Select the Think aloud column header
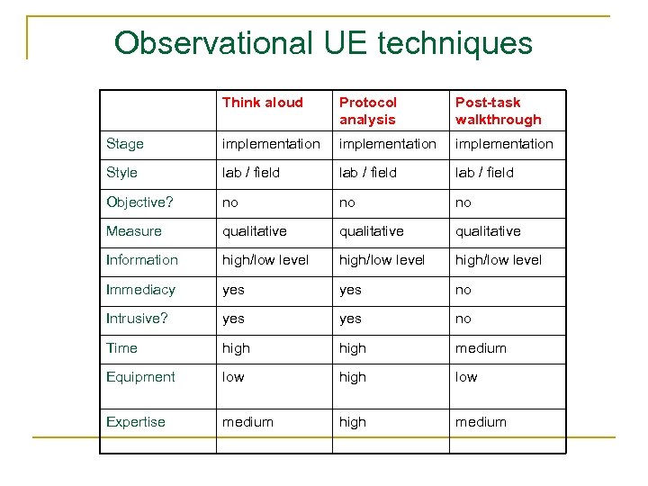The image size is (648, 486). [x=262, y=103]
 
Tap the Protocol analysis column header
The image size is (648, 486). [x=368, y=111]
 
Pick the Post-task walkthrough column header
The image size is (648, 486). [x=499, y=111]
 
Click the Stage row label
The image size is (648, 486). [x=125, y=144]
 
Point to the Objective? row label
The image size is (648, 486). [x=134, y=202]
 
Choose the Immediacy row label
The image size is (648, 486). [x=140, y=290]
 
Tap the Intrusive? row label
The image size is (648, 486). [x=138, y=319]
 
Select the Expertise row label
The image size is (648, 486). [x=136, y=422]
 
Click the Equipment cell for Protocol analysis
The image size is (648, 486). [x=353, y=377]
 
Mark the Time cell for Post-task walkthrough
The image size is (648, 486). [x=481, y=348]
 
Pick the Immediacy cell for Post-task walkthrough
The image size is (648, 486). [x=463, y=290]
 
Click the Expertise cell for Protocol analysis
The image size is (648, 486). [x=353, y=422]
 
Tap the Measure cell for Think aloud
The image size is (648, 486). [x=255, y=231]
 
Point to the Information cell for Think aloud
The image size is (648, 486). [x=265, y=260]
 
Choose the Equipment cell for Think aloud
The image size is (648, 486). [x=233, y=377]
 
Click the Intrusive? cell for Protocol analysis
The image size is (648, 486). [x=350, y=319]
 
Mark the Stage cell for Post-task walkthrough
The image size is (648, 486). [x=504, y=144]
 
